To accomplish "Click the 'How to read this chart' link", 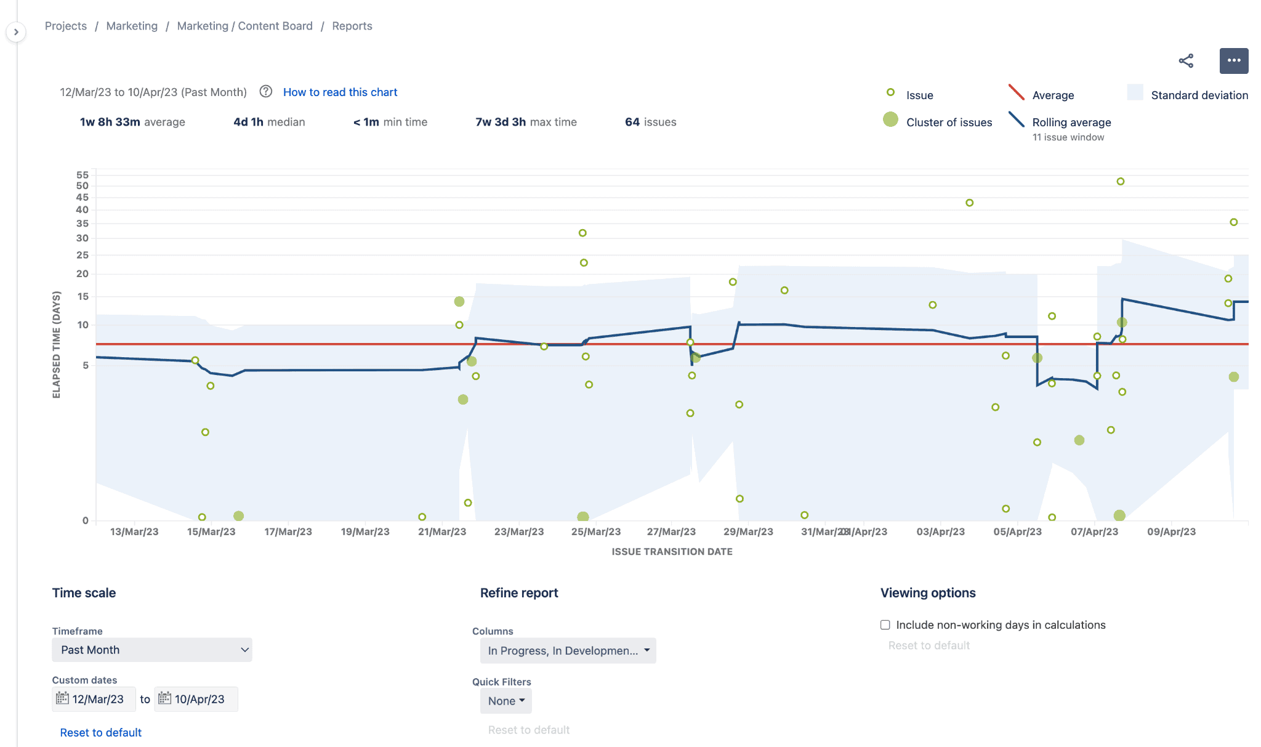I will (x=340, y=92).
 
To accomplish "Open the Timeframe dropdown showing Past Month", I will (x=151, y=650).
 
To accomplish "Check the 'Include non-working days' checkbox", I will (x=885, y=625).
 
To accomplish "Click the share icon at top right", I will (x=1186, y=60).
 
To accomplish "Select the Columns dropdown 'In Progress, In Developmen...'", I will (x=568, y=651).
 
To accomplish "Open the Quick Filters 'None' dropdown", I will (x=506, y=701).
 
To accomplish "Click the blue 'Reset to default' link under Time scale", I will (x=101, y=732).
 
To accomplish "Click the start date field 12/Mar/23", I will (x=94, y=699).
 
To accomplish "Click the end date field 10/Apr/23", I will (x=196, y=699).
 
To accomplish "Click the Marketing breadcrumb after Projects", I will (x=132, y=26).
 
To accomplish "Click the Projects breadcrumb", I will (x=66, y=26).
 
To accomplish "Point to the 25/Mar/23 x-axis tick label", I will (x=595, y=531).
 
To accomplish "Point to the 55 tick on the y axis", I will (x=83, y=175).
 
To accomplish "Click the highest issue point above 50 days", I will (x=1121, y=182).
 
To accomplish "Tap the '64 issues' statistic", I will (x=650, y=122).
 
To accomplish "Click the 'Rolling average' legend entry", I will (x=1071, y=122).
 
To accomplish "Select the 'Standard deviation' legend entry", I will (x=1199, y=95).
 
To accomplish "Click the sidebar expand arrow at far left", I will (x=16, y=32).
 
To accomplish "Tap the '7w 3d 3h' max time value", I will (x=501, y=122).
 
